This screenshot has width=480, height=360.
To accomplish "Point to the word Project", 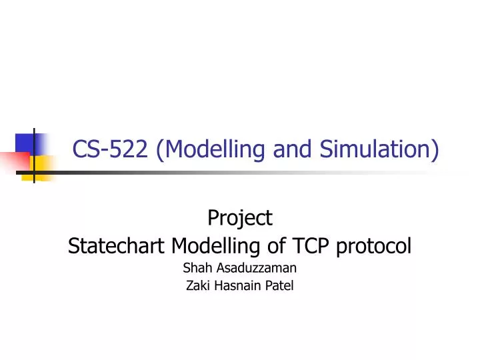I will point(240,217).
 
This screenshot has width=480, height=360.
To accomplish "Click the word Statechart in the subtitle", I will point(117,247).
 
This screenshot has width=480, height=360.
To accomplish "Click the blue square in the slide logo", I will point(25,143).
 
